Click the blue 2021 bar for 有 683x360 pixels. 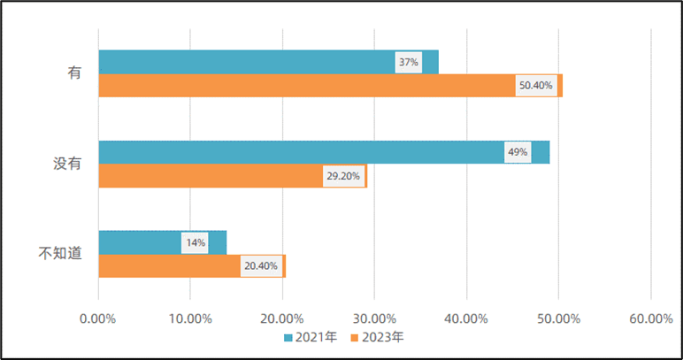[248, 62]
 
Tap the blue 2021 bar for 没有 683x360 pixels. [301, 152]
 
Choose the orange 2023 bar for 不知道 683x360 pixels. [168, 266]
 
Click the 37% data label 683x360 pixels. [408, 63]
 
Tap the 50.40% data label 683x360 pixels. [536, 86]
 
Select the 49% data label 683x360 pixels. [518, 152]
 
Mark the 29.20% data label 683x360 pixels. [343, 176]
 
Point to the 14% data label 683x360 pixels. [195, 242]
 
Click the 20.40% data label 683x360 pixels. [261, 266]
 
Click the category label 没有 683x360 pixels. [62, 163]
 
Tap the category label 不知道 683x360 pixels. [61, 254]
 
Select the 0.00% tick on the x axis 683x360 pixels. [98, 318]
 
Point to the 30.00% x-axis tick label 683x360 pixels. [374, 318]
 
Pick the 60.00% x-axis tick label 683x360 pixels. [650, 318]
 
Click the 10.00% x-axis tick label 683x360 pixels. [190, 318]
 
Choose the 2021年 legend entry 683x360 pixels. [311, 337]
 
